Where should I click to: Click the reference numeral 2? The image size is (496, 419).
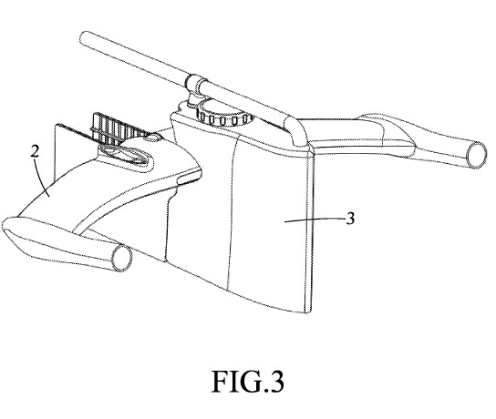(34, 150)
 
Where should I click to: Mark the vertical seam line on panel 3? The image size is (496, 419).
(239, 219)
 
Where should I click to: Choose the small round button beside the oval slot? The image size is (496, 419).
(154, 138)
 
